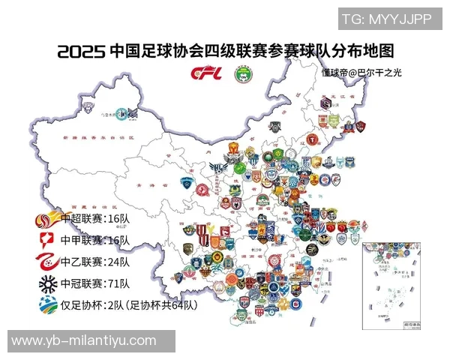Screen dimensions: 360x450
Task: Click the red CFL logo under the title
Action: [x=205, y=73]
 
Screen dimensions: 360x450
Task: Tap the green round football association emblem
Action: [x=244, y=73]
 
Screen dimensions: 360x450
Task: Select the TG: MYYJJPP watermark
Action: [x=388, y=19]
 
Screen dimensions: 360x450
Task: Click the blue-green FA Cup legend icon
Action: [x=46, y=306]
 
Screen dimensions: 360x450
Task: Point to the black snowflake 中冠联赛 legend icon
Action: [x=46, y=283]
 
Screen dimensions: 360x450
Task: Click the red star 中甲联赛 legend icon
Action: [x=46, y=240]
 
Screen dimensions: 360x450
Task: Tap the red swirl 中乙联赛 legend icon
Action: [x=46, y=262]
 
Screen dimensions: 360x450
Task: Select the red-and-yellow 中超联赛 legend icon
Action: [x=46, y=219]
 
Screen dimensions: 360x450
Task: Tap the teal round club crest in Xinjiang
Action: [x=132, y=114]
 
